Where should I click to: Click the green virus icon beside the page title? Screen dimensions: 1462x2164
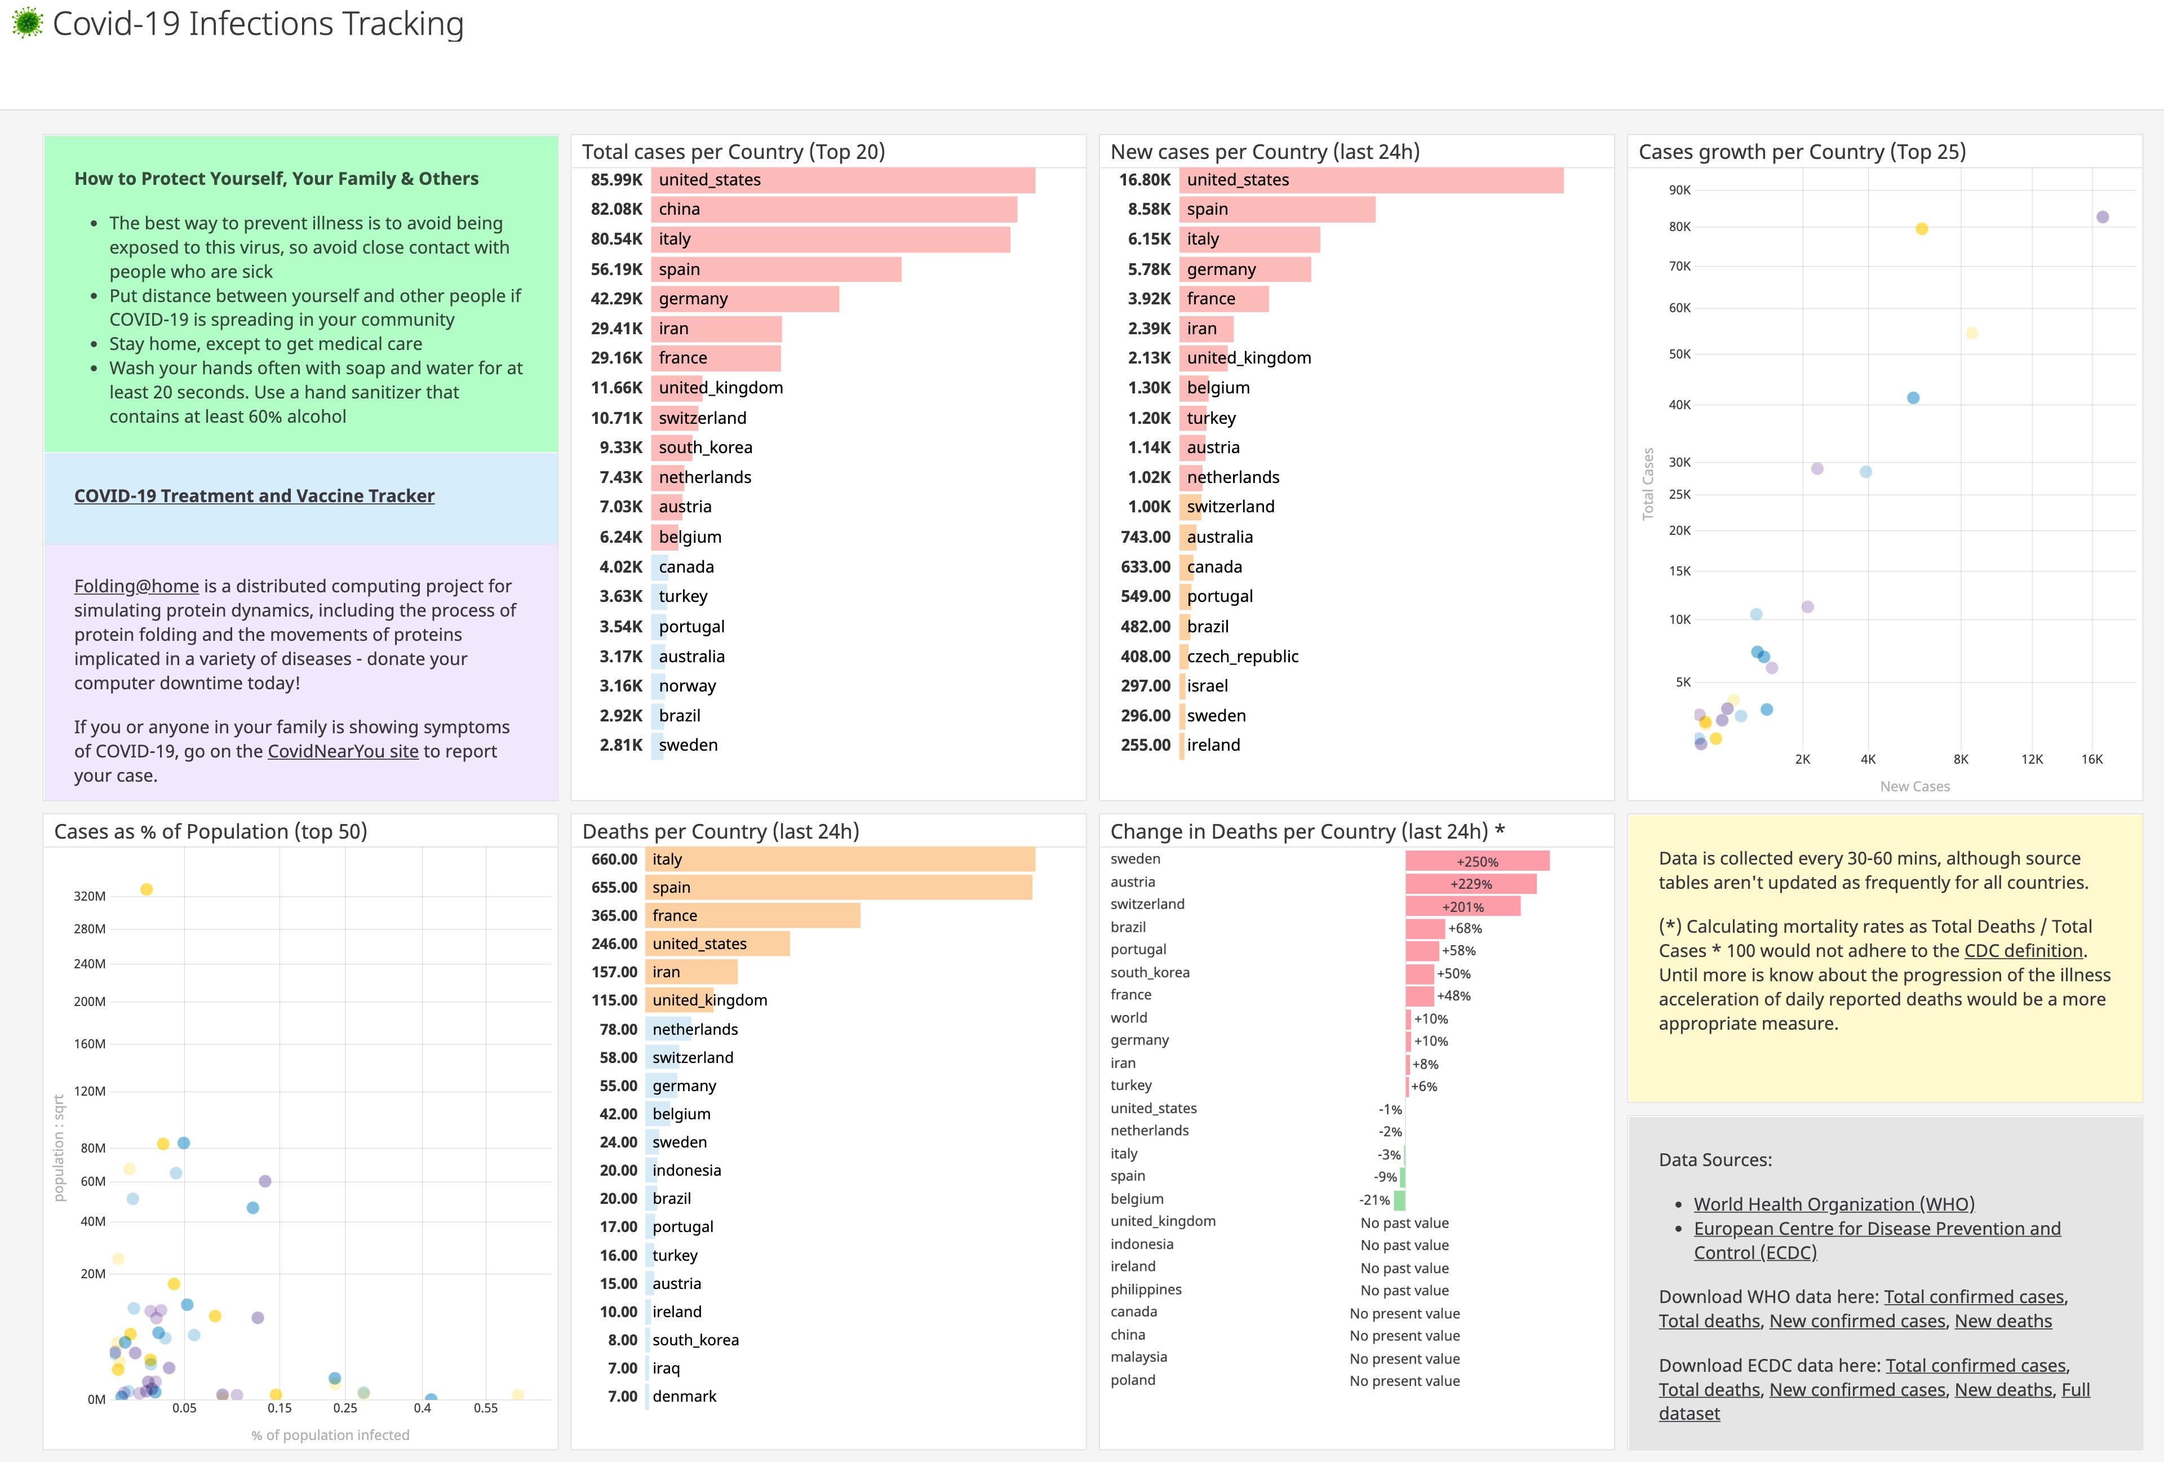tap(27, 23)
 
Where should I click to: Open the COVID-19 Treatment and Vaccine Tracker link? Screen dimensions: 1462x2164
tap(254, 495)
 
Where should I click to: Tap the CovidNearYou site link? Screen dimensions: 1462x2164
tap(343, 751)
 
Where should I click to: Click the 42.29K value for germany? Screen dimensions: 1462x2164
tap(617, 299)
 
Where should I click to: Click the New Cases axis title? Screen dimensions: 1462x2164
tap(1914, 786)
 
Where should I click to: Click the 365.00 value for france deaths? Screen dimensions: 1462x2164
tap(615, 915)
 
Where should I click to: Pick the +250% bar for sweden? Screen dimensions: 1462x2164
tap(1477, 861)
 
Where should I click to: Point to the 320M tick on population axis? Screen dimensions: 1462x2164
tap(90, 896)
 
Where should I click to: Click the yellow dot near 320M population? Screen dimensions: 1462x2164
tap(146, 889)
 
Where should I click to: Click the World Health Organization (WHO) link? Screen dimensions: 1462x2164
tap(1833, 1204)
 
